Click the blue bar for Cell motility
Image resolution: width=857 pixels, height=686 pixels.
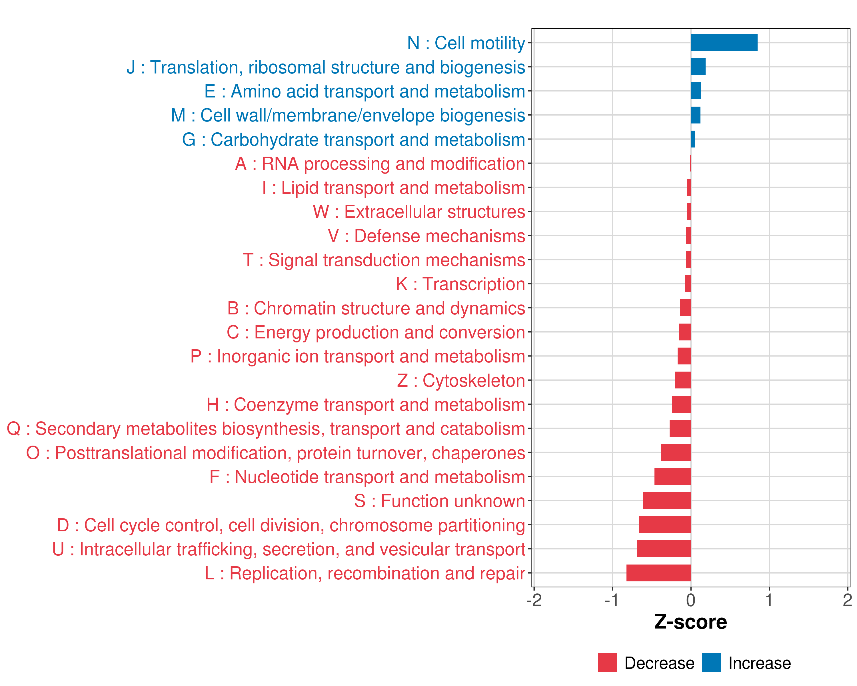click(x=724, y=43)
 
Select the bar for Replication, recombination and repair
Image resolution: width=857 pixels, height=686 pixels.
click(x=659, y=573)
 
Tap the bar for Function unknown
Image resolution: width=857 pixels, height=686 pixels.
click(x=667, y=501)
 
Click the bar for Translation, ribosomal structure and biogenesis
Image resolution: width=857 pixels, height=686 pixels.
click(x=698, y=67)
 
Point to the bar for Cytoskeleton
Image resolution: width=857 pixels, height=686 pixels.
click(x=683, y=380)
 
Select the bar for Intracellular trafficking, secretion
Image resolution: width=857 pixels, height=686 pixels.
click(x=664, y=549)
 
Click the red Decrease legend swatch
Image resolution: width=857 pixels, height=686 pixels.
click(x=607, y=663)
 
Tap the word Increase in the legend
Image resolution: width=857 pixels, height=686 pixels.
click(x=760, y=663)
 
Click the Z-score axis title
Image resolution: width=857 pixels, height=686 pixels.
click(x=690, y=622)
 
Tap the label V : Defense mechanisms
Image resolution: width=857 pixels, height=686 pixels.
click(x=427, y=236)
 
